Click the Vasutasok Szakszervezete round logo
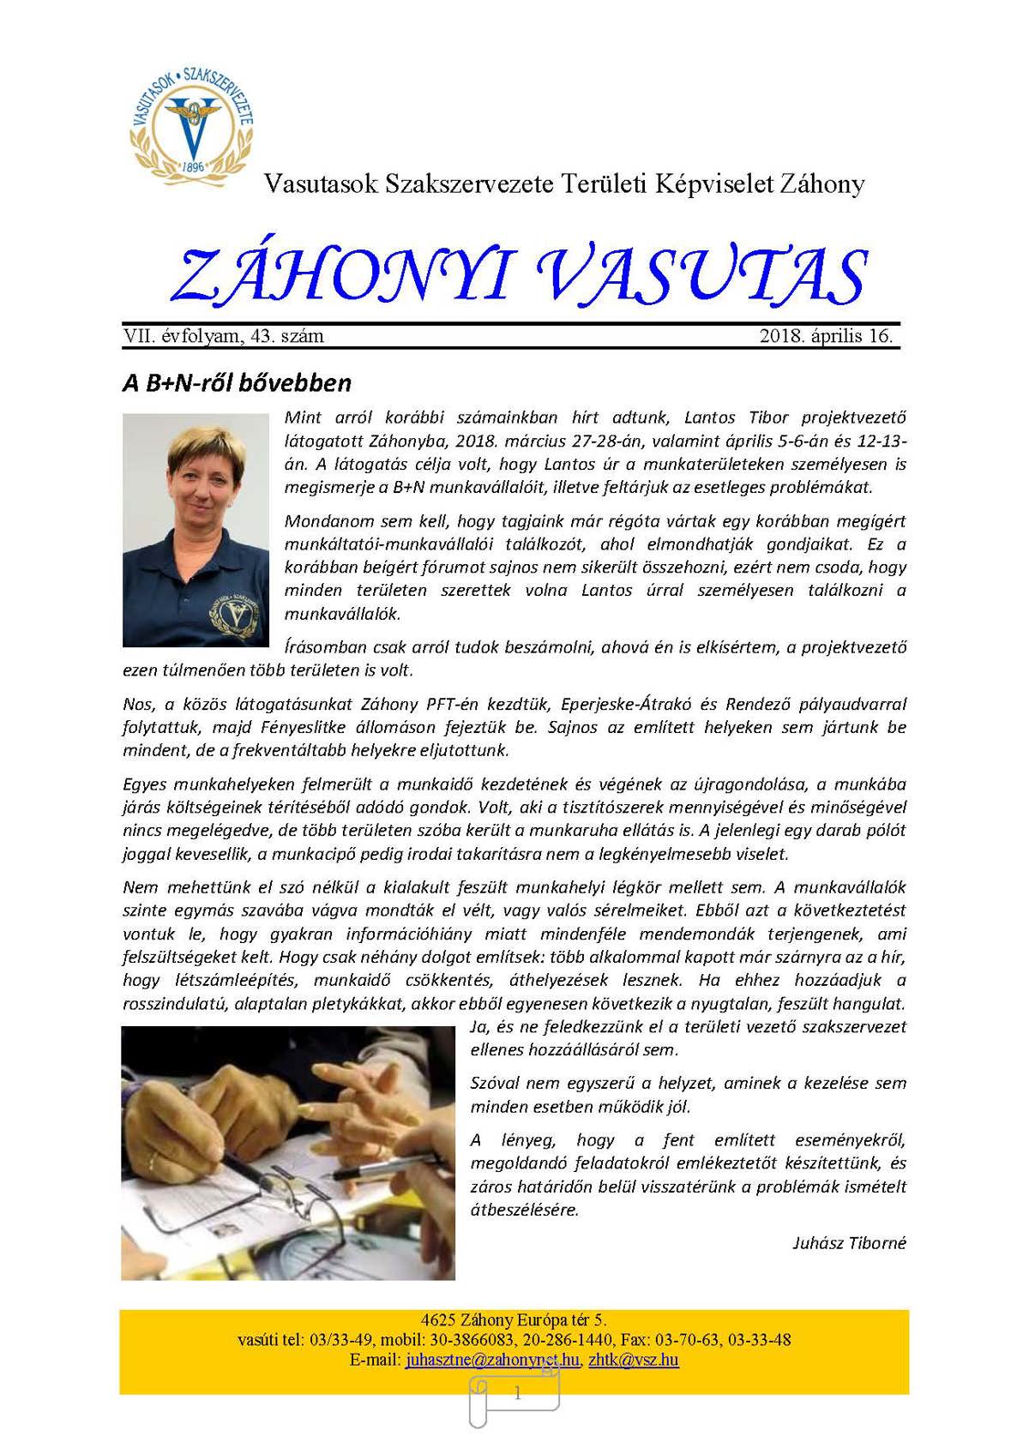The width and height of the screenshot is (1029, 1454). coord(192,122)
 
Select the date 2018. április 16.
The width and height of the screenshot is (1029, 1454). coord(826,336)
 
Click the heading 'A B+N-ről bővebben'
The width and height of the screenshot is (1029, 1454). coord(237,382)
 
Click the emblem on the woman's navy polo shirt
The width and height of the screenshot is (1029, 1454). coord(233,611)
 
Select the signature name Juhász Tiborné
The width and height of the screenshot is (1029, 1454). coord(849,1243)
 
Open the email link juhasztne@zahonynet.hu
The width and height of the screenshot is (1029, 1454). coord(492,1360)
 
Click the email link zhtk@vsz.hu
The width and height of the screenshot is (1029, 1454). coord(634,1360)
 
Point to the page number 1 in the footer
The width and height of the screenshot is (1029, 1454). coord(516,1394)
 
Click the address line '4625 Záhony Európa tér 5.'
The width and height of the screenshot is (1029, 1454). coord(514,1320)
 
